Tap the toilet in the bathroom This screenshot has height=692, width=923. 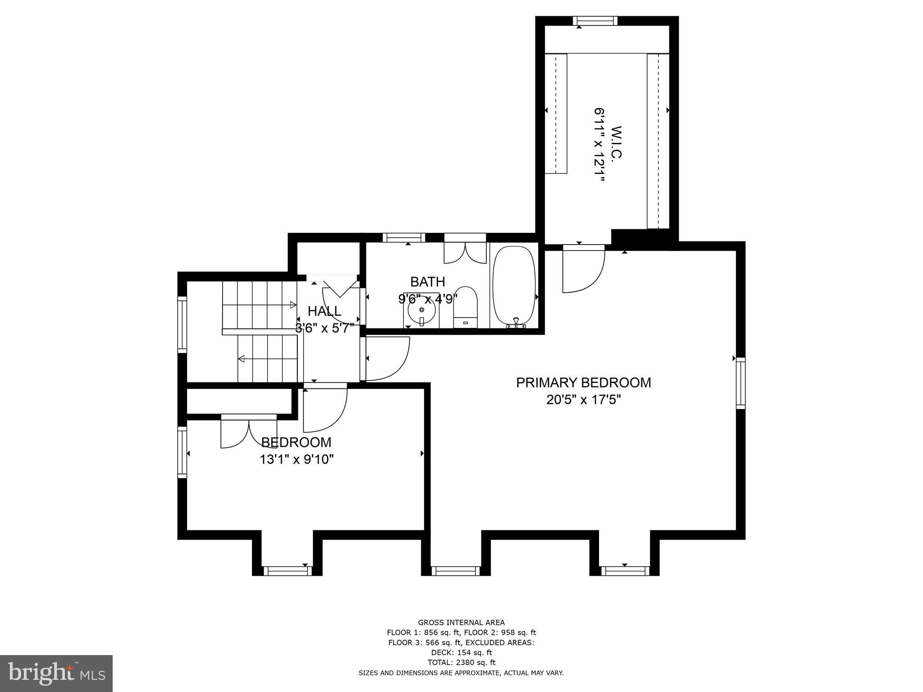point(465,306)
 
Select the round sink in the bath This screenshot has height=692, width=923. point(422,310)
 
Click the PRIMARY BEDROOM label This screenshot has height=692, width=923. point(583,382)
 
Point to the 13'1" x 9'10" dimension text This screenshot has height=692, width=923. point(296,460)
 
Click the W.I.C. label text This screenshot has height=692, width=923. point(616,142)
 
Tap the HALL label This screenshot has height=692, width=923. point(324,311)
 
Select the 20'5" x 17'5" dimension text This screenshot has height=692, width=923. point(583,400)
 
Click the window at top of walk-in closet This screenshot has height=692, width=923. point(595,21)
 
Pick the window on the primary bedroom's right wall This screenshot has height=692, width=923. point(740,383)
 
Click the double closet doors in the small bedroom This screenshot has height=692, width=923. point(248,432)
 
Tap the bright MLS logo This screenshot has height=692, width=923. point(56,674)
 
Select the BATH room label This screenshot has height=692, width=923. point(427,282)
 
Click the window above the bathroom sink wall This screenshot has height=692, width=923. point(404,237)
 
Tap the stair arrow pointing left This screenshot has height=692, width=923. point(242,359)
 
